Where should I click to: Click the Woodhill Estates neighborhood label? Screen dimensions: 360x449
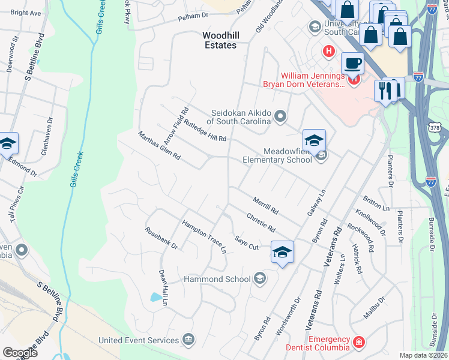219,40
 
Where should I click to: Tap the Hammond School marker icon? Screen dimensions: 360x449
260,277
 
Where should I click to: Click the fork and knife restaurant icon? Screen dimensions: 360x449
384,91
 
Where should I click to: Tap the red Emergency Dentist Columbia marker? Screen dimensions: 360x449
358,341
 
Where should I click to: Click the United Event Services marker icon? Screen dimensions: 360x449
188,340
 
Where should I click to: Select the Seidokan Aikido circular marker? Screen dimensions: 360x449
280,116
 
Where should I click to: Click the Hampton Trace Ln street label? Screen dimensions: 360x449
205,235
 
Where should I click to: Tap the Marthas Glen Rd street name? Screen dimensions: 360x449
159,146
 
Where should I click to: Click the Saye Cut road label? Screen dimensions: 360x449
246,242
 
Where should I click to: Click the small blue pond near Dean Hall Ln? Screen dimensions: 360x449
157,297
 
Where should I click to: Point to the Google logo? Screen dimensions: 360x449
20,353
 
